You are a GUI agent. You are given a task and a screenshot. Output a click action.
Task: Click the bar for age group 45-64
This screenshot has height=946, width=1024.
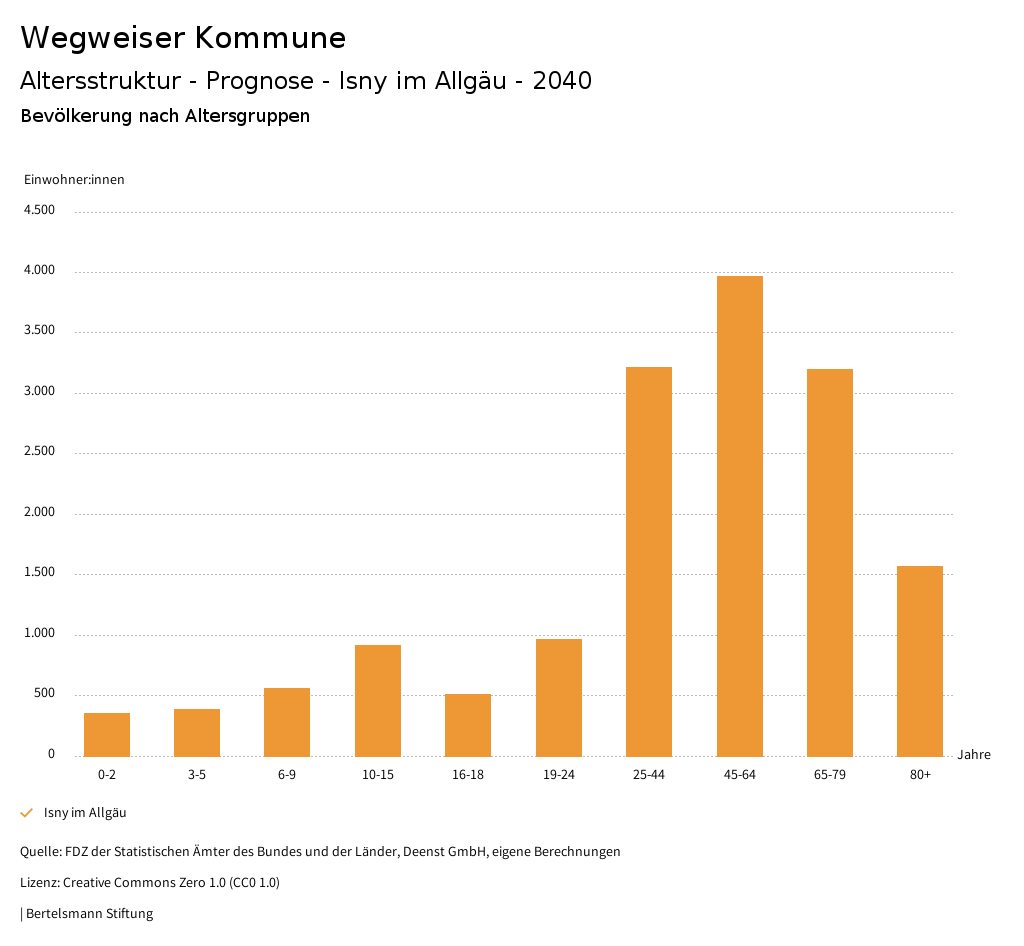click(x=739, y=516)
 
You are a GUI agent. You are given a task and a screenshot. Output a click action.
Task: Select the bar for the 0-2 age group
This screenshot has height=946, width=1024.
click(x=107, y=735)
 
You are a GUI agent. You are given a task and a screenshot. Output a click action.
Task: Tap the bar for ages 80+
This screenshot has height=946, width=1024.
click(x=920, y=661)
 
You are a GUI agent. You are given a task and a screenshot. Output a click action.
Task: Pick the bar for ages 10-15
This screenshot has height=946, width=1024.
click(x=378, y=701)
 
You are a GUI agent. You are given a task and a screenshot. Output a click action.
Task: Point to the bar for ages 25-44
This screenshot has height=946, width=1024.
click(x=649, y=562)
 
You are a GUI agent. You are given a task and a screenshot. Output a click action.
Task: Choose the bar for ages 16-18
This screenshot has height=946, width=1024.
click(x=468, y=725)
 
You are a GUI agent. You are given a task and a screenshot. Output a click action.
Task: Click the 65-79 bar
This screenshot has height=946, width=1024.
click(x=830, y=563)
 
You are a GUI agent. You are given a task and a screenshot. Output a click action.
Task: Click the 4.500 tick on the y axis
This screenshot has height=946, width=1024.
click(x=39, y=210)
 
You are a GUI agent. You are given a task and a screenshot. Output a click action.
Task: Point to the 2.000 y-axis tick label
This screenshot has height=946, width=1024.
click(x=39, y=512)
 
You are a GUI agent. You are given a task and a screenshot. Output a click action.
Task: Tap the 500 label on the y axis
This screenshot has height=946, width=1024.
click(x=44, y=694)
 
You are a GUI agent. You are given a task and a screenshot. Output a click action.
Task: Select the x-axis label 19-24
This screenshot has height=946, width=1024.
click(x=558, y=775)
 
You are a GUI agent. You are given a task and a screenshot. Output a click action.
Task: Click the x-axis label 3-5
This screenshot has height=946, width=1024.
click(x=197, y=775)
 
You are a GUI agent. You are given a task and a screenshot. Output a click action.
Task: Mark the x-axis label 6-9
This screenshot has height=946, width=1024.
click(x=287, y=775)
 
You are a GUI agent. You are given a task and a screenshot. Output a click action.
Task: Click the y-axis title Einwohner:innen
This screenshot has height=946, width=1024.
click(x=74, y=180)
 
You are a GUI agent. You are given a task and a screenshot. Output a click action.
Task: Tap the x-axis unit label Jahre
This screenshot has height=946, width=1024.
click(x=974, y=755)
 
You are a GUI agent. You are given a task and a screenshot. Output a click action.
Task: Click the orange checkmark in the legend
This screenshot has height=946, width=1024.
click(x=27, y=813)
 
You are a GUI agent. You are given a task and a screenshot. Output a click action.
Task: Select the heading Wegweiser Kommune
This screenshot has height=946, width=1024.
click(x=183, y=38)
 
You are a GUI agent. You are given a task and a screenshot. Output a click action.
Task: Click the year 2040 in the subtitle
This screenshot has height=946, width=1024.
click(x=562, y=81)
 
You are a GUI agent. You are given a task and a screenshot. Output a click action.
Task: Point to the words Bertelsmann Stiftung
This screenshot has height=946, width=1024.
click(x=89, y=913)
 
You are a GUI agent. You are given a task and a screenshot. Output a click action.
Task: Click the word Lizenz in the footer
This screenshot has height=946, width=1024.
click(x=39, y=883)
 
